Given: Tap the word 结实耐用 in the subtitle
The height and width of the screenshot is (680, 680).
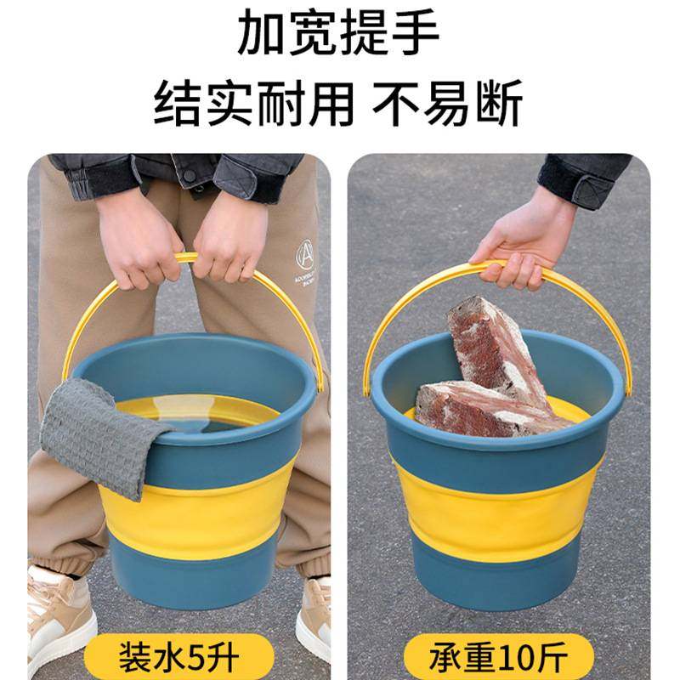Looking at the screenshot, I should click(252, 105).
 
